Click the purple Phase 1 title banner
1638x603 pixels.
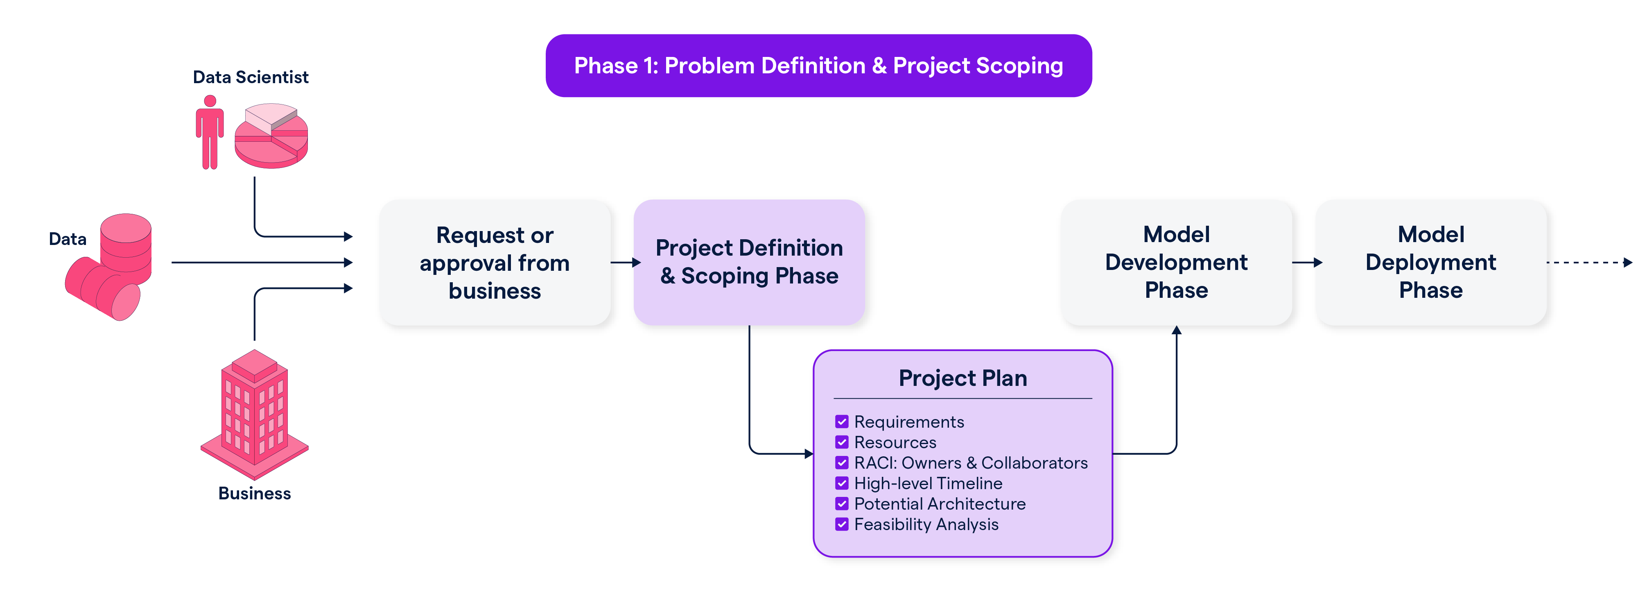(818, 66)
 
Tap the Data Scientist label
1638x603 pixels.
(251, 77)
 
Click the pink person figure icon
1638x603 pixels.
(210, 132)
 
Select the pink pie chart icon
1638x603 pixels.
(271, 136)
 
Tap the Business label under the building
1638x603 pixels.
(254, 494)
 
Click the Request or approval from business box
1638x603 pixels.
(495, 263)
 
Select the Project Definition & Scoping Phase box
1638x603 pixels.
(749, 262)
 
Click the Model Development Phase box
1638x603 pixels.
(1176, 262)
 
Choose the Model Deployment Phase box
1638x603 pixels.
(1431, 262)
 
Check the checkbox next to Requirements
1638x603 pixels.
(842, 422)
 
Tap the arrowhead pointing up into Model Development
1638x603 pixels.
(1176, 331)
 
